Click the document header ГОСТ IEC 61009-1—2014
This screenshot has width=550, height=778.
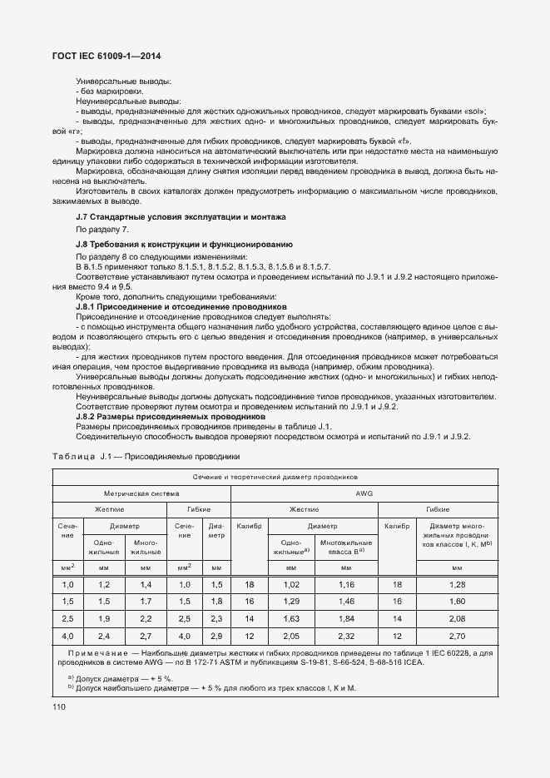click(x=107, y=56)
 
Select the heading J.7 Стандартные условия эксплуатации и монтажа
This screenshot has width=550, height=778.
click(x=181, y=216)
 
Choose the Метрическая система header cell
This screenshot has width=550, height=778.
click(x=141, y=493)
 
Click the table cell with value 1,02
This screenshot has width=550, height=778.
click(x=291, y=585)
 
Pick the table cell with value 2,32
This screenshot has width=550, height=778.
click(x=345, y=636)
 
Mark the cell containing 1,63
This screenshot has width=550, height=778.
click(x=291, y=619)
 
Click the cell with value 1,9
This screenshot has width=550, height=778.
click(x=104, y=619)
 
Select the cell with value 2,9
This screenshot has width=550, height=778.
click(x=216, y=636)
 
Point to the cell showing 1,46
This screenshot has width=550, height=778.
click(x=345, y=602)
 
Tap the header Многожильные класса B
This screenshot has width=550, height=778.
click(x=345, y=546)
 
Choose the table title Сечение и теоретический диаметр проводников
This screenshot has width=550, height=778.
click(x=275, y=478)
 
